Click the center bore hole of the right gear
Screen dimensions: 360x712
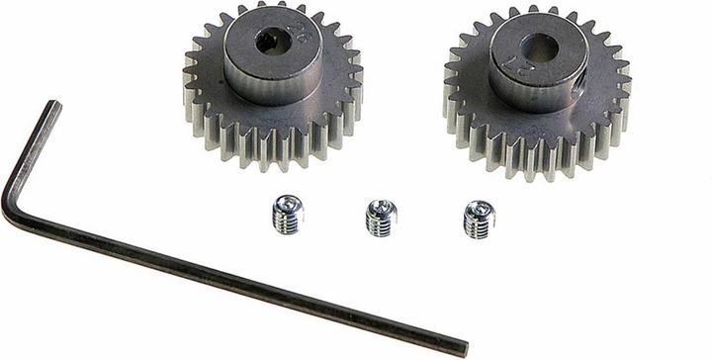click(540, 47)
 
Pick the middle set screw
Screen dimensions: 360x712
click(381, 218)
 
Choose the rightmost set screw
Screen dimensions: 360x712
click(479, 220)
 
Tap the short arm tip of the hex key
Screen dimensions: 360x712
click(50, 105)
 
